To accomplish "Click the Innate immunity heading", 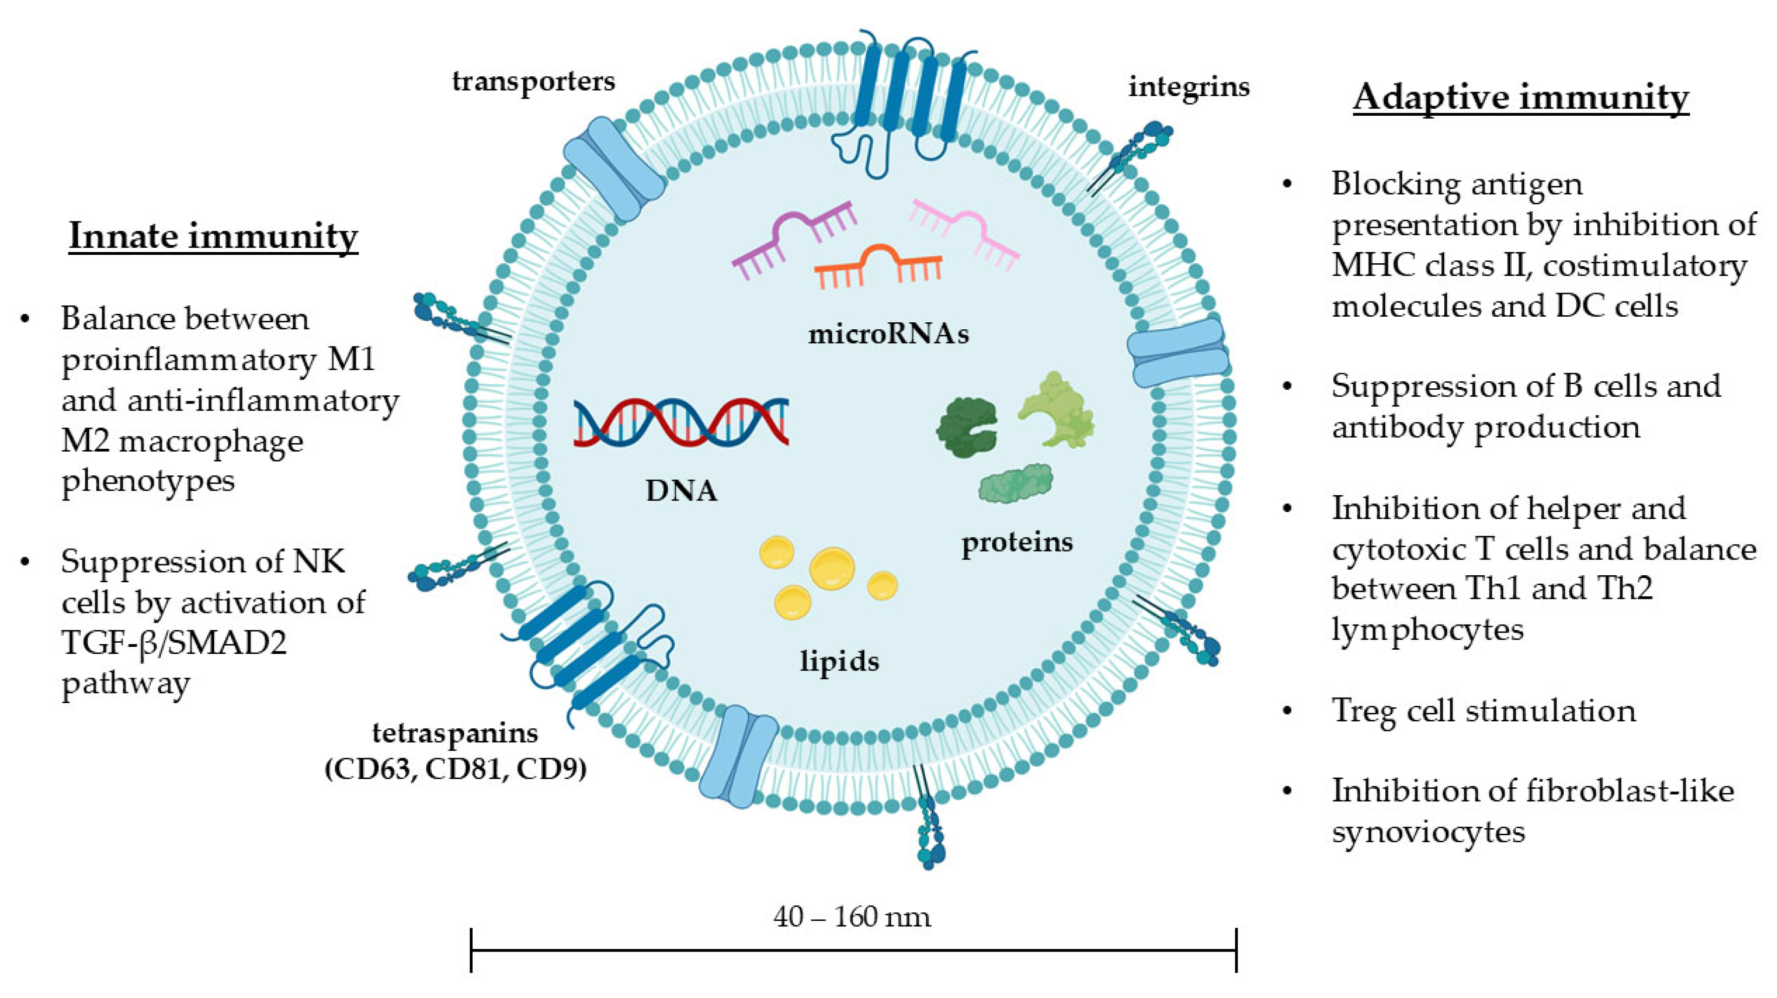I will coord(213,236).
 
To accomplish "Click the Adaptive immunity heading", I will coord(1520,97).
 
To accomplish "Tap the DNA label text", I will coord(681,491).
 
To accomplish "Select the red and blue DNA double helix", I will coord(681,422).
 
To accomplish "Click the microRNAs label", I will coord(888,334).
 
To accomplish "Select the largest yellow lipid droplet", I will coord(832,568).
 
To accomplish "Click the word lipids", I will coord(840,661).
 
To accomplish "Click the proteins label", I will coord(1017,542).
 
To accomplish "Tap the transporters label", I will coord(533,81).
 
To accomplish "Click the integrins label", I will coord(1189,87).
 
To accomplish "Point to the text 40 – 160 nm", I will coord(852,917).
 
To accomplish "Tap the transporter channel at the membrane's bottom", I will coord(738,756).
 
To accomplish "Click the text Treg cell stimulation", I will coord(1483,710).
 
